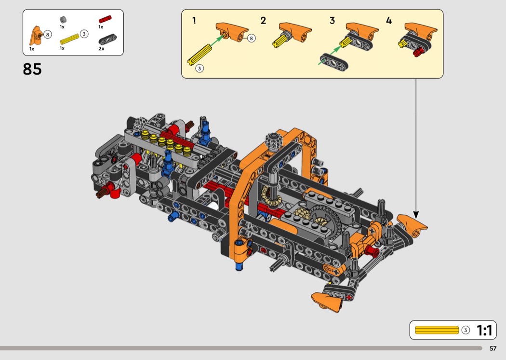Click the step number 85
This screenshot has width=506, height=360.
click(32, 69)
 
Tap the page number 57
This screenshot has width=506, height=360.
click(493, 348)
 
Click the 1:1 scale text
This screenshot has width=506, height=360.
click(484, 330)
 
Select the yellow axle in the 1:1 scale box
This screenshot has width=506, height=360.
click(437, 330)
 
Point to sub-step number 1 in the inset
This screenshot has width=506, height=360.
click(194, 21)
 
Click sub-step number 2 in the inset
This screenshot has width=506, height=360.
click(263, 21)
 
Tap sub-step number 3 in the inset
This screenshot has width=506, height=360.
click(332, 21)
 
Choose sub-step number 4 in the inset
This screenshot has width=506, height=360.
click(389, 21)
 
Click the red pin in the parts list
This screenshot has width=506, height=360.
click(105, 19)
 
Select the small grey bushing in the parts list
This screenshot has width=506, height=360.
click(63, 20)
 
